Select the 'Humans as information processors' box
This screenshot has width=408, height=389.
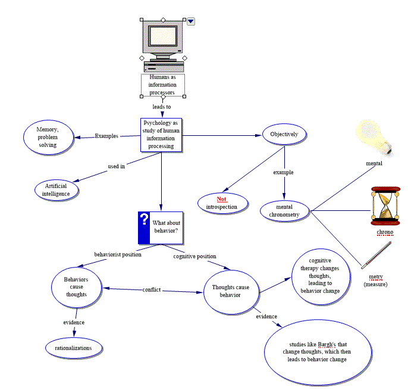coord(162,85)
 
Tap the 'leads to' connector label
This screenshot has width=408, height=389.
coord(162,107)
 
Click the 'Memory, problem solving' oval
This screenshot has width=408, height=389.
coord(47,136)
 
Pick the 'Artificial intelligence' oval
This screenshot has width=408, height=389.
coord(59,189)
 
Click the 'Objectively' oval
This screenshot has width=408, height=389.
coord(284,134)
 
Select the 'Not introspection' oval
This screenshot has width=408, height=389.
coord(221,203)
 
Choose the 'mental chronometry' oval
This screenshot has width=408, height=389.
coord(287,210)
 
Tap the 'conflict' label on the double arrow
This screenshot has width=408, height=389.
coord(152,290)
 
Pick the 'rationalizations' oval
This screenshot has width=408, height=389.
coord(74,348)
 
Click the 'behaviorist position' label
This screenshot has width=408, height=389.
coord(118,254)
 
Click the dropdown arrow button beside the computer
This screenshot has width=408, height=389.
coord(191,21)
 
